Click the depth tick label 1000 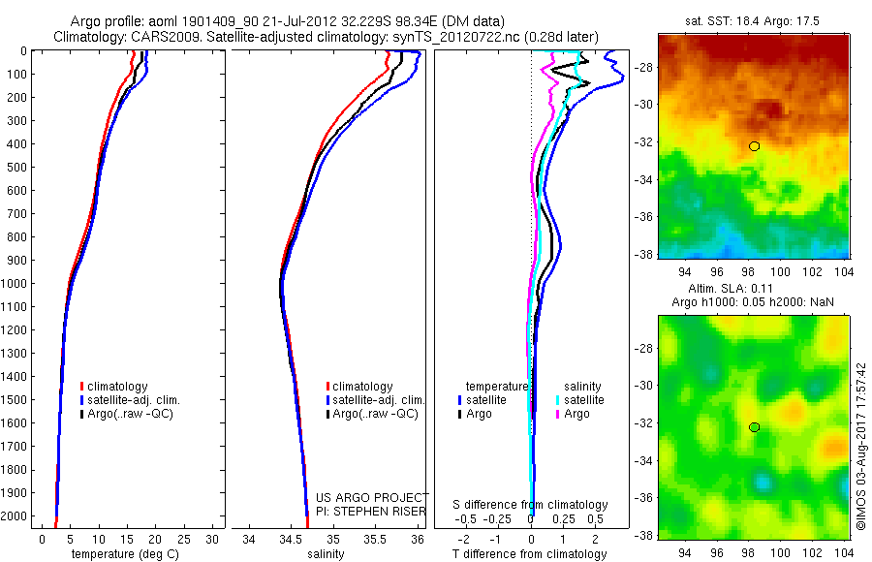pyautogui.click(x=16, y=284)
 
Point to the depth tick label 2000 pyautogui.click(x=16, y=516)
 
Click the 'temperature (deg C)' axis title pyautogui.click(x=122, y=554)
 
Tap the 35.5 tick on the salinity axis pyautogui.click(x=375, y=539)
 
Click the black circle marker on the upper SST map pyautogui.click(x=754, y=146)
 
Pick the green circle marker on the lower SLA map pyautogui.click(x=754, y=427)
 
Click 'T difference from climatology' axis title pyautogui.click(x=529, y=554)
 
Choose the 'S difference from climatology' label pyautogui.click(x=530, y=505)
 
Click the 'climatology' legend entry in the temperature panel pyautogui.click(x=122, y=387)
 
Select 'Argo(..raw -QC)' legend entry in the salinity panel pyautogui.click(x=375, y=414)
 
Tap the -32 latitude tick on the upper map pyautogui.click(x=641, y=141)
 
